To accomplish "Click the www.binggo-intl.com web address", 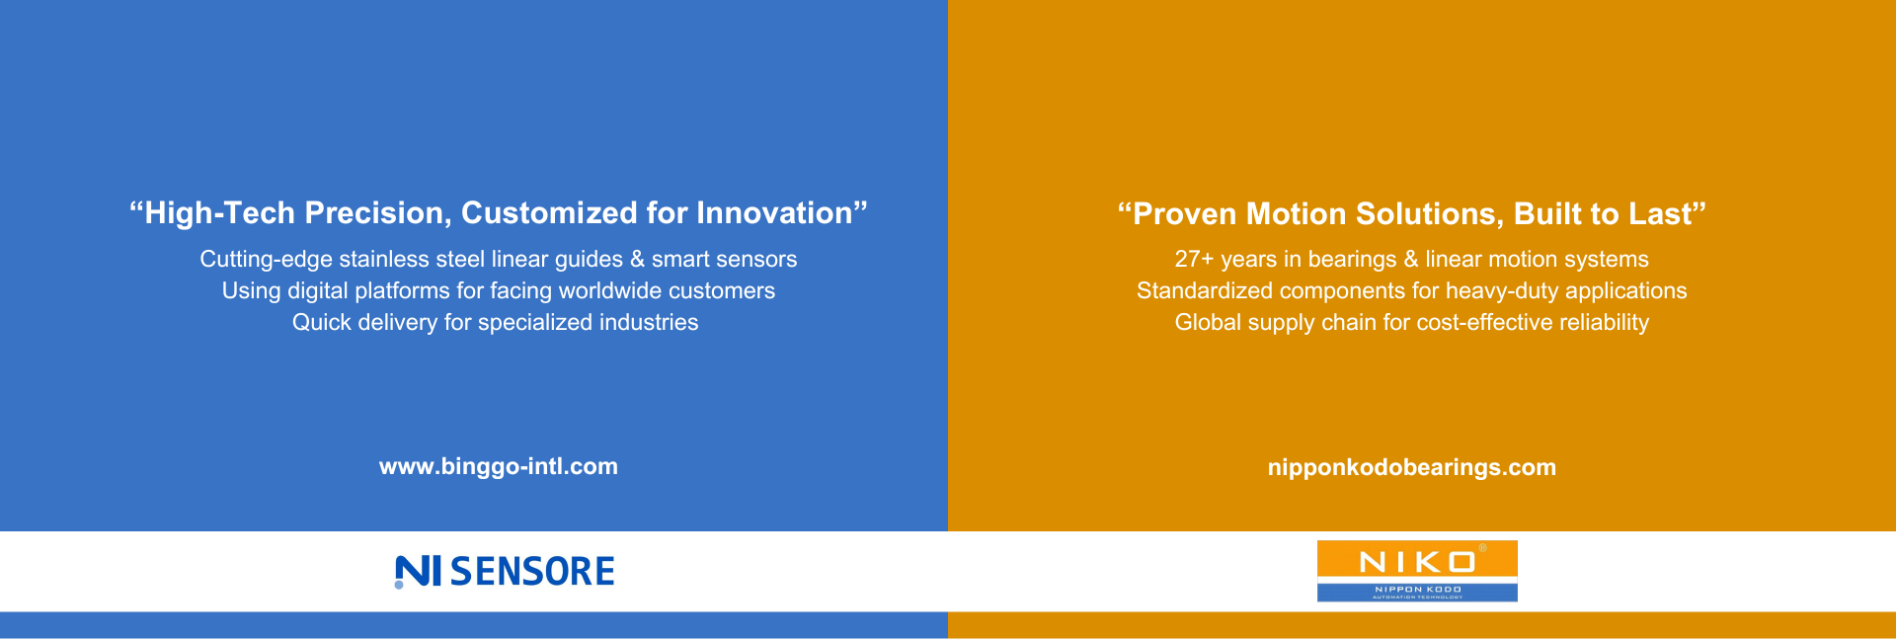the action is point(499,467).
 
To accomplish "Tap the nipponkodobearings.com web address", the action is point(1412,468).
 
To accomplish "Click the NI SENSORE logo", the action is point(505,572).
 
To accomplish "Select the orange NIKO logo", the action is point(1417,571).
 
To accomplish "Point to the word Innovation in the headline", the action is point(774,213).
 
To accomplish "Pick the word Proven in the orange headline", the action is point(1185,214).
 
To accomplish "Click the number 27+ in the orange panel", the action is point(1194,260).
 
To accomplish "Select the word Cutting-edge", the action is point(266,260).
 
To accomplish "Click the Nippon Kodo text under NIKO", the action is point(1418,589).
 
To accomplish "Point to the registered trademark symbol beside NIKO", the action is point(1481,547).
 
